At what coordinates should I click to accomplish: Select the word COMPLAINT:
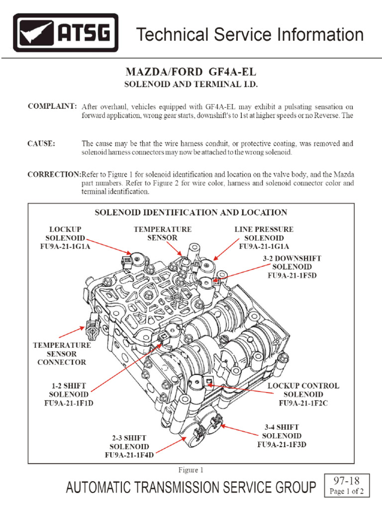[x=52, y=107]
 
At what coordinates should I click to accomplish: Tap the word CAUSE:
[x=41, y=143]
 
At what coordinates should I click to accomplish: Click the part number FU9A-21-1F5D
[x=292, y=274]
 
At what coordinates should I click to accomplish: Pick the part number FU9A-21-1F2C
[x=303, y=403]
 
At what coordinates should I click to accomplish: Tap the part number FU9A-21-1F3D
[x=282, y=444]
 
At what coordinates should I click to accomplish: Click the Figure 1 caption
[x=191, y=470]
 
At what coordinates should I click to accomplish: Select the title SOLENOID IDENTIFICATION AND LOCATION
[x=191, y=212]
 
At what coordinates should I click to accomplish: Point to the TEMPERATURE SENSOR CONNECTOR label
[x=62, y=353]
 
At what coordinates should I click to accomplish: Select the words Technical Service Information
[x=250, y=34]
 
